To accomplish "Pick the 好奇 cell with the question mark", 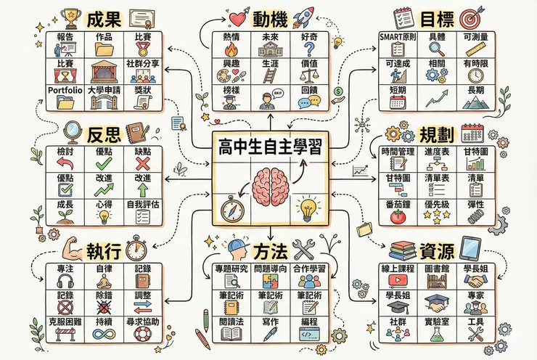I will point(310,44).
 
